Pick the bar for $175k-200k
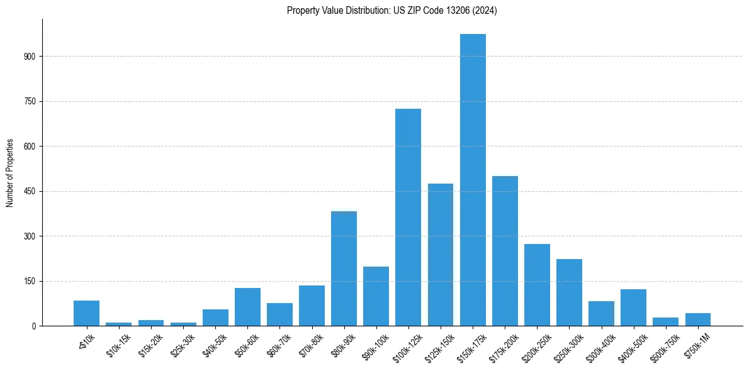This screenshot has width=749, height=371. (x=505, y=251)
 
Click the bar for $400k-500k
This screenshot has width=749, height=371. (x=633, y=307)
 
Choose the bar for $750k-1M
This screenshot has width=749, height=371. (x=697, y=319)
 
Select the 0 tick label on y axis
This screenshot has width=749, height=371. (x=35, y=326)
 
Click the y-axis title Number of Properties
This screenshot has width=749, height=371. (x=9, y=172)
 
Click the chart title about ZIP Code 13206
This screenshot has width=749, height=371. (x=391, y=11)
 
